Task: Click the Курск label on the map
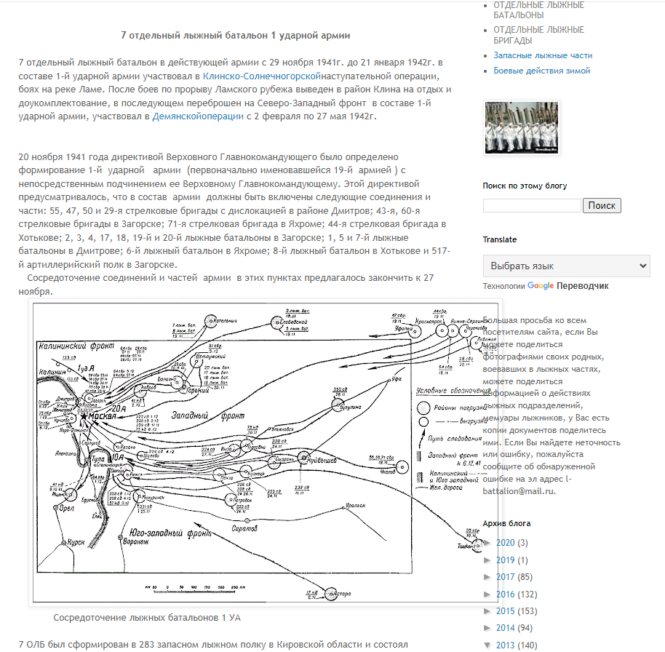click(x=76, y=542)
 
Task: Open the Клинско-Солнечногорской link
click(x=263, y=76)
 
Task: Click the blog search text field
click(x=532, y=205)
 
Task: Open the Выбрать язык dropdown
click(x=566, y=266)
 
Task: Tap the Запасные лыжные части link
click(x=543, y=55)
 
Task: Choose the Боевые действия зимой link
click(x=542, y=71)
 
